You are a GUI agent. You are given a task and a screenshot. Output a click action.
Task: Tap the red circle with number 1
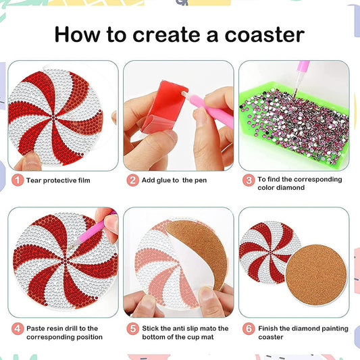[16, 180]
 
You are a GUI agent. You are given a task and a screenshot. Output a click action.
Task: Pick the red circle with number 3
[249, 180]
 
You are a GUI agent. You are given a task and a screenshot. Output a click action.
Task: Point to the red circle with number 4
[16, 329]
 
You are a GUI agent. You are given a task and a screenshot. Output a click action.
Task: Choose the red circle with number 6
[249, 329]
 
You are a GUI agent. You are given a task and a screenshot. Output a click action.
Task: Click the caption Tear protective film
[58, 180]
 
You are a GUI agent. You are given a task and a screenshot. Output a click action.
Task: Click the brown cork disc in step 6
[315, 274]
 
